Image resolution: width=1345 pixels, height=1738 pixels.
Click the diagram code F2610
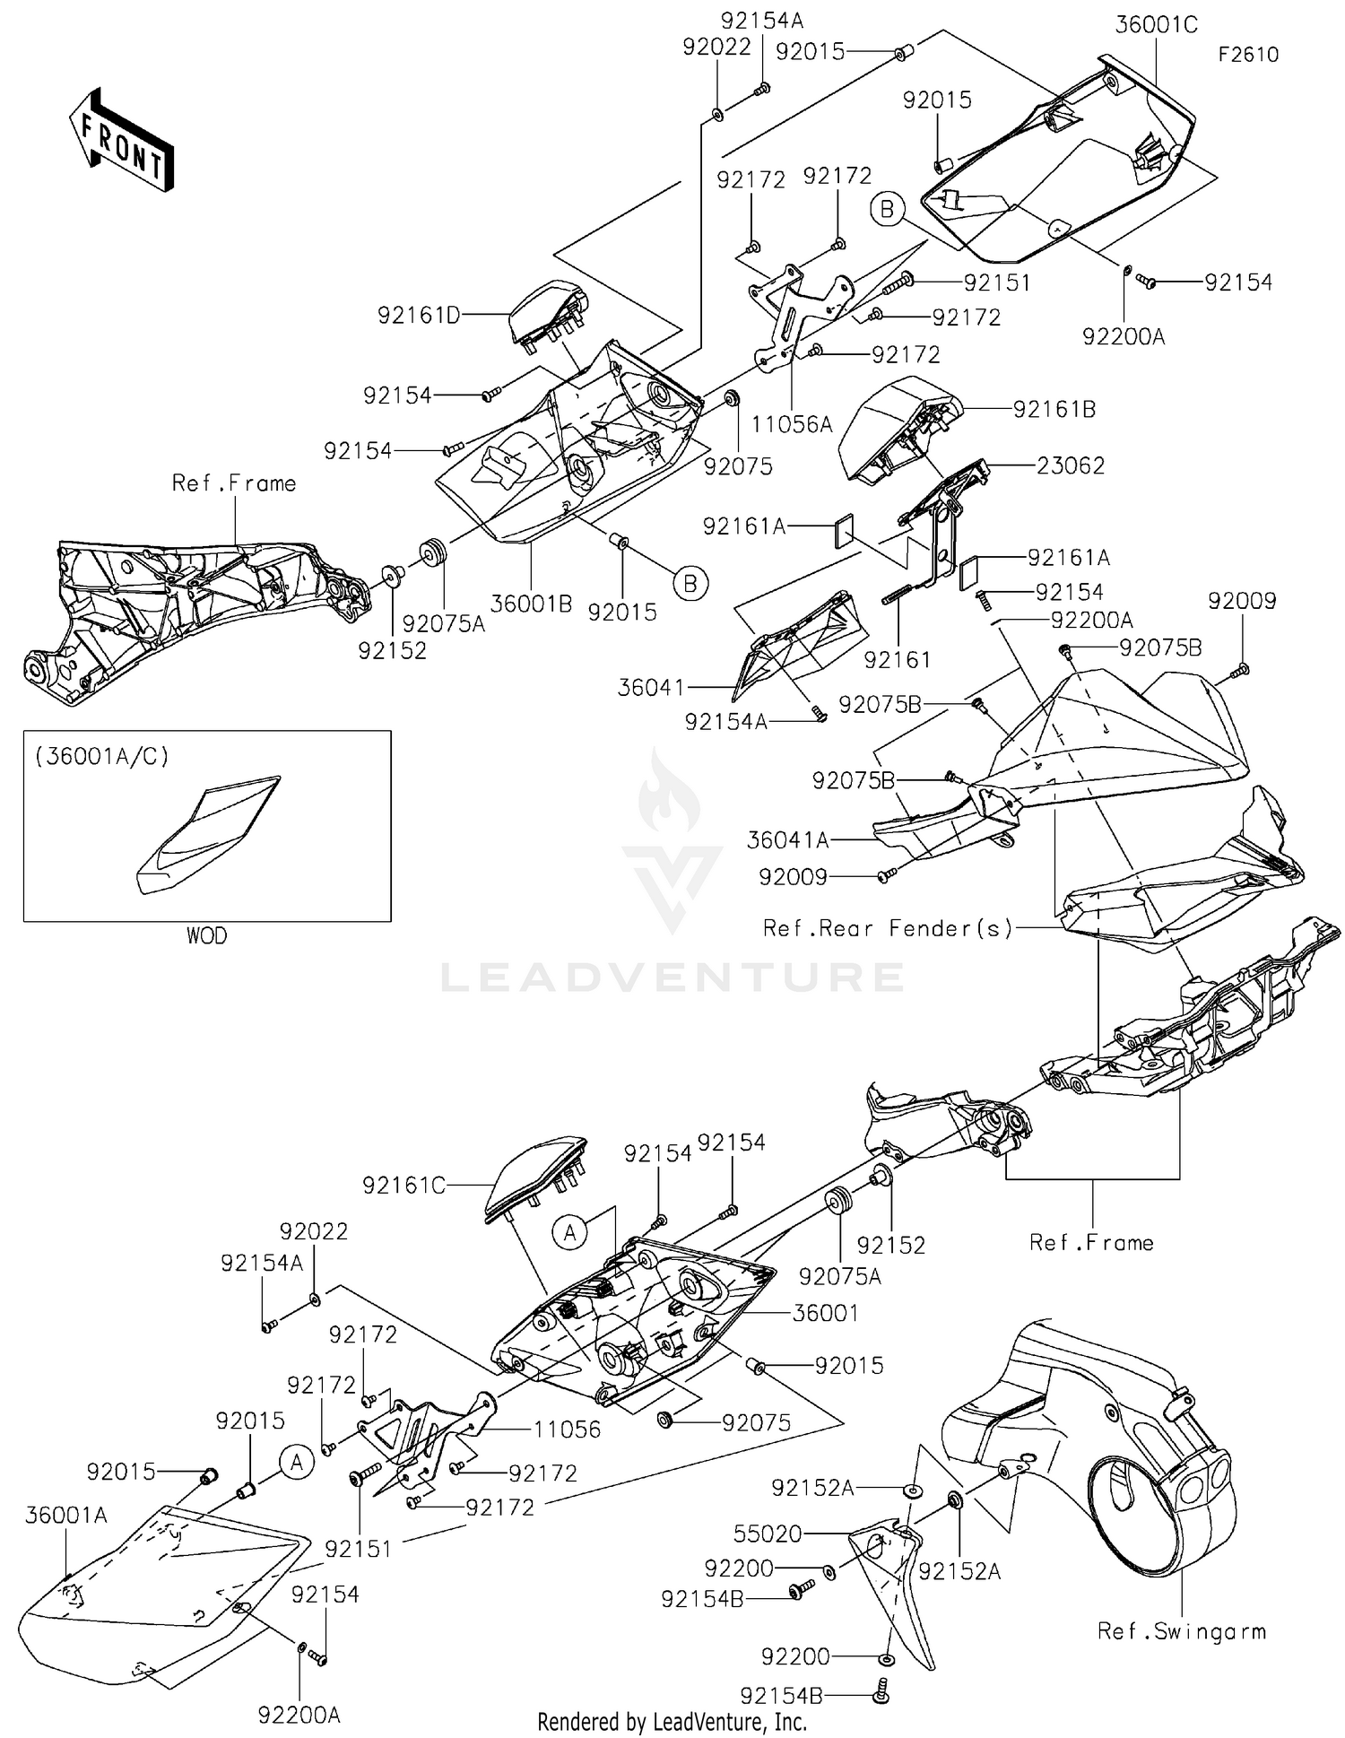coord(1247,55)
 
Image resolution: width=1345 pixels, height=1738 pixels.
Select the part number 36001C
coord(1156,25)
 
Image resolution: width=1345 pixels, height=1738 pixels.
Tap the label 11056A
coord(792,424)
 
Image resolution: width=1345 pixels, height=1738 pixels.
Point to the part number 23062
coord(1071,465)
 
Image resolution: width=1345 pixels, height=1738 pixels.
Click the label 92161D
coord(419,315)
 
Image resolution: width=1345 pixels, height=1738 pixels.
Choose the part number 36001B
coord(531,604)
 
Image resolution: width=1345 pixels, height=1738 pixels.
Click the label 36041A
coord(787,840)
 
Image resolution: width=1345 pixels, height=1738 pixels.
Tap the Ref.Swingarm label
coord(1181,1631)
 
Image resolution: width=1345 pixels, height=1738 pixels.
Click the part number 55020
coord(768,1534)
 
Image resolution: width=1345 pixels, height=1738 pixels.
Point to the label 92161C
coord(403,1186)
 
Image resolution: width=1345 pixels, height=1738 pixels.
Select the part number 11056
coord(567,1430)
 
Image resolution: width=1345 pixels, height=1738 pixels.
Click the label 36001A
coord(66,1516)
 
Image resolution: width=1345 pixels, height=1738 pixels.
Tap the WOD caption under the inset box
coord(206,936)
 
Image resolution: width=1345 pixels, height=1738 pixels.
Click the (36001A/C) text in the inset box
coord(101,756)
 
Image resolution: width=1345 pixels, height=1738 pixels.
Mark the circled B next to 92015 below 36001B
coord(690,584)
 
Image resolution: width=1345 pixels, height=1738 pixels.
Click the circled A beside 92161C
coord(570,1233)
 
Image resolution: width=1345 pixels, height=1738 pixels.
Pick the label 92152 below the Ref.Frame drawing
coord(392,651)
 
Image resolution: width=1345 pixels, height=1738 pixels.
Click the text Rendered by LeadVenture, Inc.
coord(672,1722)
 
